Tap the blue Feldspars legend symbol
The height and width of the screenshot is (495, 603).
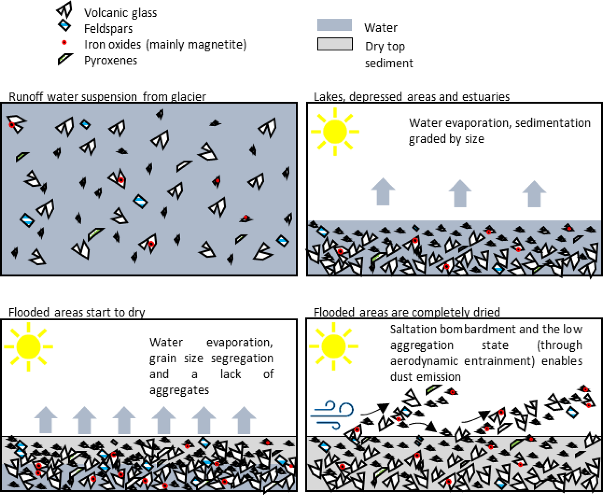(64, 25)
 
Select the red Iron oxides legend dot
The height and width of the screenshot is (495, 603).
(64, 43)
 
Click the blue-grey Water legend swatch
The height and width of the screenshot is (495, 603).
(334, 25)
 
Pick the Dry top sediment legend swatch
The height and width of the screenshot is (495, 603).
(335, 44)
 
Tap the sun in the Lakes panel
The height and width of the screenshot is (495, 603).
(335, 132)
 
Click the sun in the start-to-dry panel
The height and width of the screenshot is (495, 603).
(29, 347)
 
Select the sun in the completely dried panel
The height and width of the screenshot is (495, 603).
(333, 347)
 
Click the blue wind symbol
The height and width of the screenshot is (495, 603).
(333, 414)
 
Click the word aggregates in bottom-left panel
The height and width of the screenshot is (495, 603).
(179, 390)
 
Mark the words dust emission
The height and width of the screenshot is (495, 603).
(425, 377)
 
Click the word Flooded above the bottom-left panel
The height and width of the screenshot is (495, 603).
(29, 312)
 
